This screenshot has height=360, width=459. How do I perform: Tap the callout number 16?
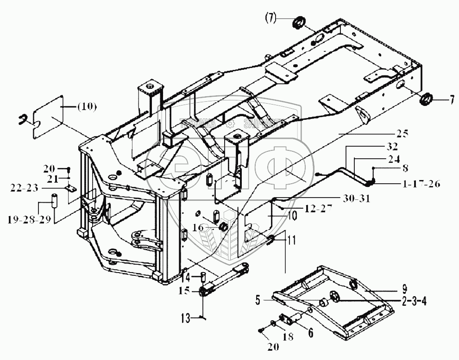[x=197, y=227]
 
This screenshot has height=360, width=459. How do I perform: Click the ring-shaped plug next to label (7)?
[x=299, y=21]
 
